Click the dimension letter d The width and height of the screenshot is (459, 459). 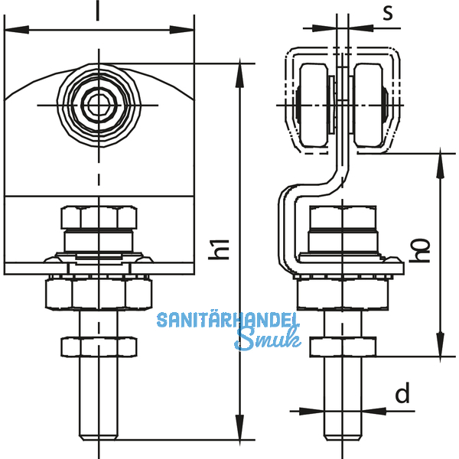pyautogui.click(x=402, y=395)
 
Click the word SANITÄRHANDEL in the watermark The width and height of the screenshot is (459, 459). pyautogui.click(x=228, y=319)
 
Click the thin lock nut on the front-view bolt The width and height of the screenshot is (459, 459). pyautogui.click(x=98, y=348)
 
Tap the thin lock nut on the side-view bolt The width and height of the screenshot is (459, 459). pyautogui.click(x=343, y=348)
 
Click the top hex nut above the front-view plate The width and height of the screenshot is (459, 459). pyautogui.click(x=98, y=217)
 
